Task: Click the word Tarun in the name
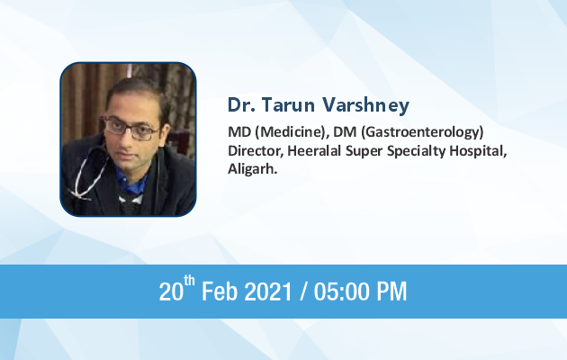click(288, 104)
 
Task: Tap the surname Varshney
click(366, 106)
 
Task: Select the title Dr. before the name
click(241, 104)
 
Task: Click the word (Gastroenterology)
click(422, 133)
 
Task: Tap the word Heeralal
click(314, 150)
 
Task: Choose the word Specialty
click(416, 152)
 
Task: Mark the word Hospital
click(478, 152)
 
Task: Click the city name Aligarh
click(252, 169)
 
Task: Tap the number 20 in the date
click(171, 292)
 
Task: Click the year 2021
click(268, 292)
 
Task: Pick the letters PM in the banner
click(392, 292)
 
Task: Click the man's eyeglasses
click(130, 128)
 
